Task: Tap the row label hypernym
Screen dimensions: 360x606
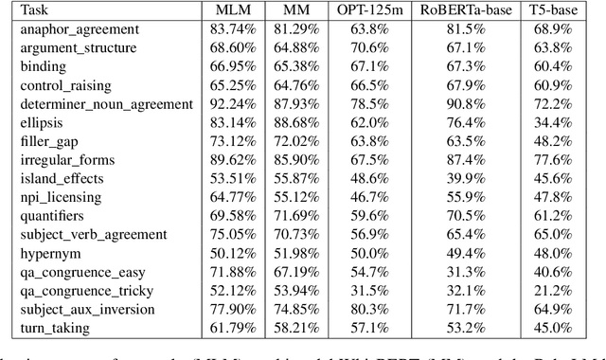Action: click(x=45, y=253)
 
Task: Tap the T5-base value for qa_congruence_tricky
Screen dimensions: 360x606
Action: click(x=565, y=290)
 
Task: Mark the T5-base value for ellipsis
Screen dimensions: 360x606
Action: click(x=565, y=122)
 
